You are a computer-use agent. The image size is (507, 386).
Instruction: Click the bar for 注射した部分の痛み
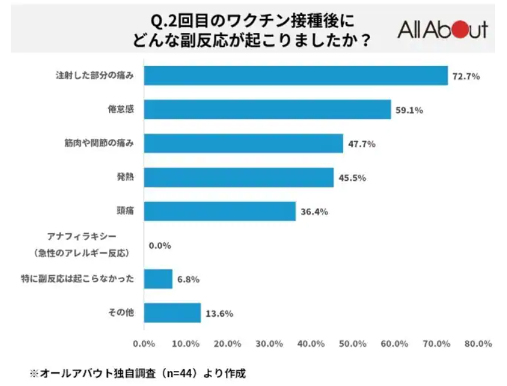click(296, 76)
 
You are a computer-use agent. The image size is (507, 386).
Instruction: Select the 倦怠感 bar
click(267, 110)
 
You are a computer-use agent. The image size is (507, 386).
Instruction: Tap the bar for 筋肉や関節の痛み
click(243, 144)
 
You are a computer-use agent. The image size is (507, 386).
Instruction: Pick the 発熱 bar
click(238, 178)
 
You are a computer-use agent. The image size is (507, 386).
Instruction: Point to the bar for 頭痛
click(219, 211)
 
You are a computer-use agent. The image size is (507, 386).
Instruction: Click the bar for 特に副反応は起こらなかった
click(158, 279)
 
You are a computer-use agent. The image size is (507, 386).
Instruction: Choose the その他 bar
click(172, 313)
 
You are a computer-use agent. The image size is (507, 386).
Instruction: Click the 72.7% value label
click(466, 76)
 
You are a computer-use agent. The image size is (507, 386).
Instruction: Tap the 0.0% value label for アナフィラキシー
click(160, 245)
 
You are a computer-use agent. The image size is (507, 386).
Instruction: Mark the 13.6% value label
click(218, 313)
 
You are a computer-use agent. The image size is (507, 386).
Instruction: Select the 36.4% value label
click(313, 212)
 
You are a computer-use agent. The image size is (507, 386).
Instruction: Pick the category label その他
click(122, 313)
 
